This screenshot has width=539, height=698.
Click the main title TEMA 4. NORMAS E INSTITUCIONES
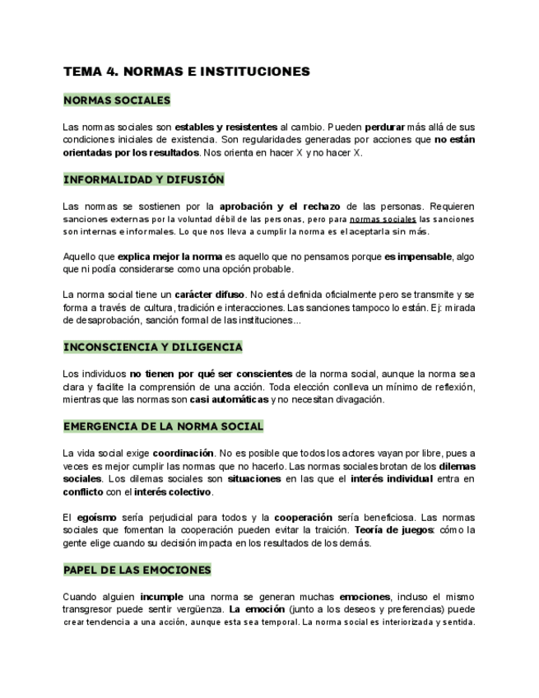[x=186, y=72]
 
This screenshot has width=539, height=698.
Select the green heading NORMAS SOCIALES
[x=117, y=100]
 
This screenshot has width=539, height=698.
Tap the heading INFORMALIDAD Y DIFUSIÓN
[x=143, y=179]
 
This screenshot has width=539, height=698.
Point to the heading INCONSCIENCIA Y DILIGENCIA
[x=152, y=347]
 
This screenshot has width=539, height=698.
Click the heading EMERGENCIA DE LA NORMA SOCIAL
[x=163, y=426]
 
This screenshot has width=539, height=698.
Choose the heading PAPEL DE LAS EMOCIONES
[x=137, y=570]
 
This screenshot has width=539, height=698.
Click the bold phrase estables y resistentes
[x=225, y=128]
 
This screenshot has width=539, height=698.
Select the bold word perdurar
[x=384, y=128]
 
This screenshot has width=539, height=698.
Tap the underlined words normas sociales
[x=383, y=220]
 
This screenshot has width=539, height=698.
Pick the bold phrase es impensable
[x=417, y=257]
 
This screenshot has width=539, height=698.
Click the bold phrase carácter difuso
[x=210, y=294]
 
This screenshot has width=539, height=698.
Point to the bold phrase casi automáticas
[x=229, y=399]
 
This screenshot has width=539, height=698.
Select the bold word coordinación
[x=184, y=453]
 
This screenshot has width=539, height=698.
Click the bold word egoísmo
[x=99, y=517]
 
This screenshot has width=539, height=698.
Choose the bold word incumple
[x=162, y=596]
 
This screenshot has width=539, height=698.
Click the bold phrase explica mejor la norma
[x=170, y=257]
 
